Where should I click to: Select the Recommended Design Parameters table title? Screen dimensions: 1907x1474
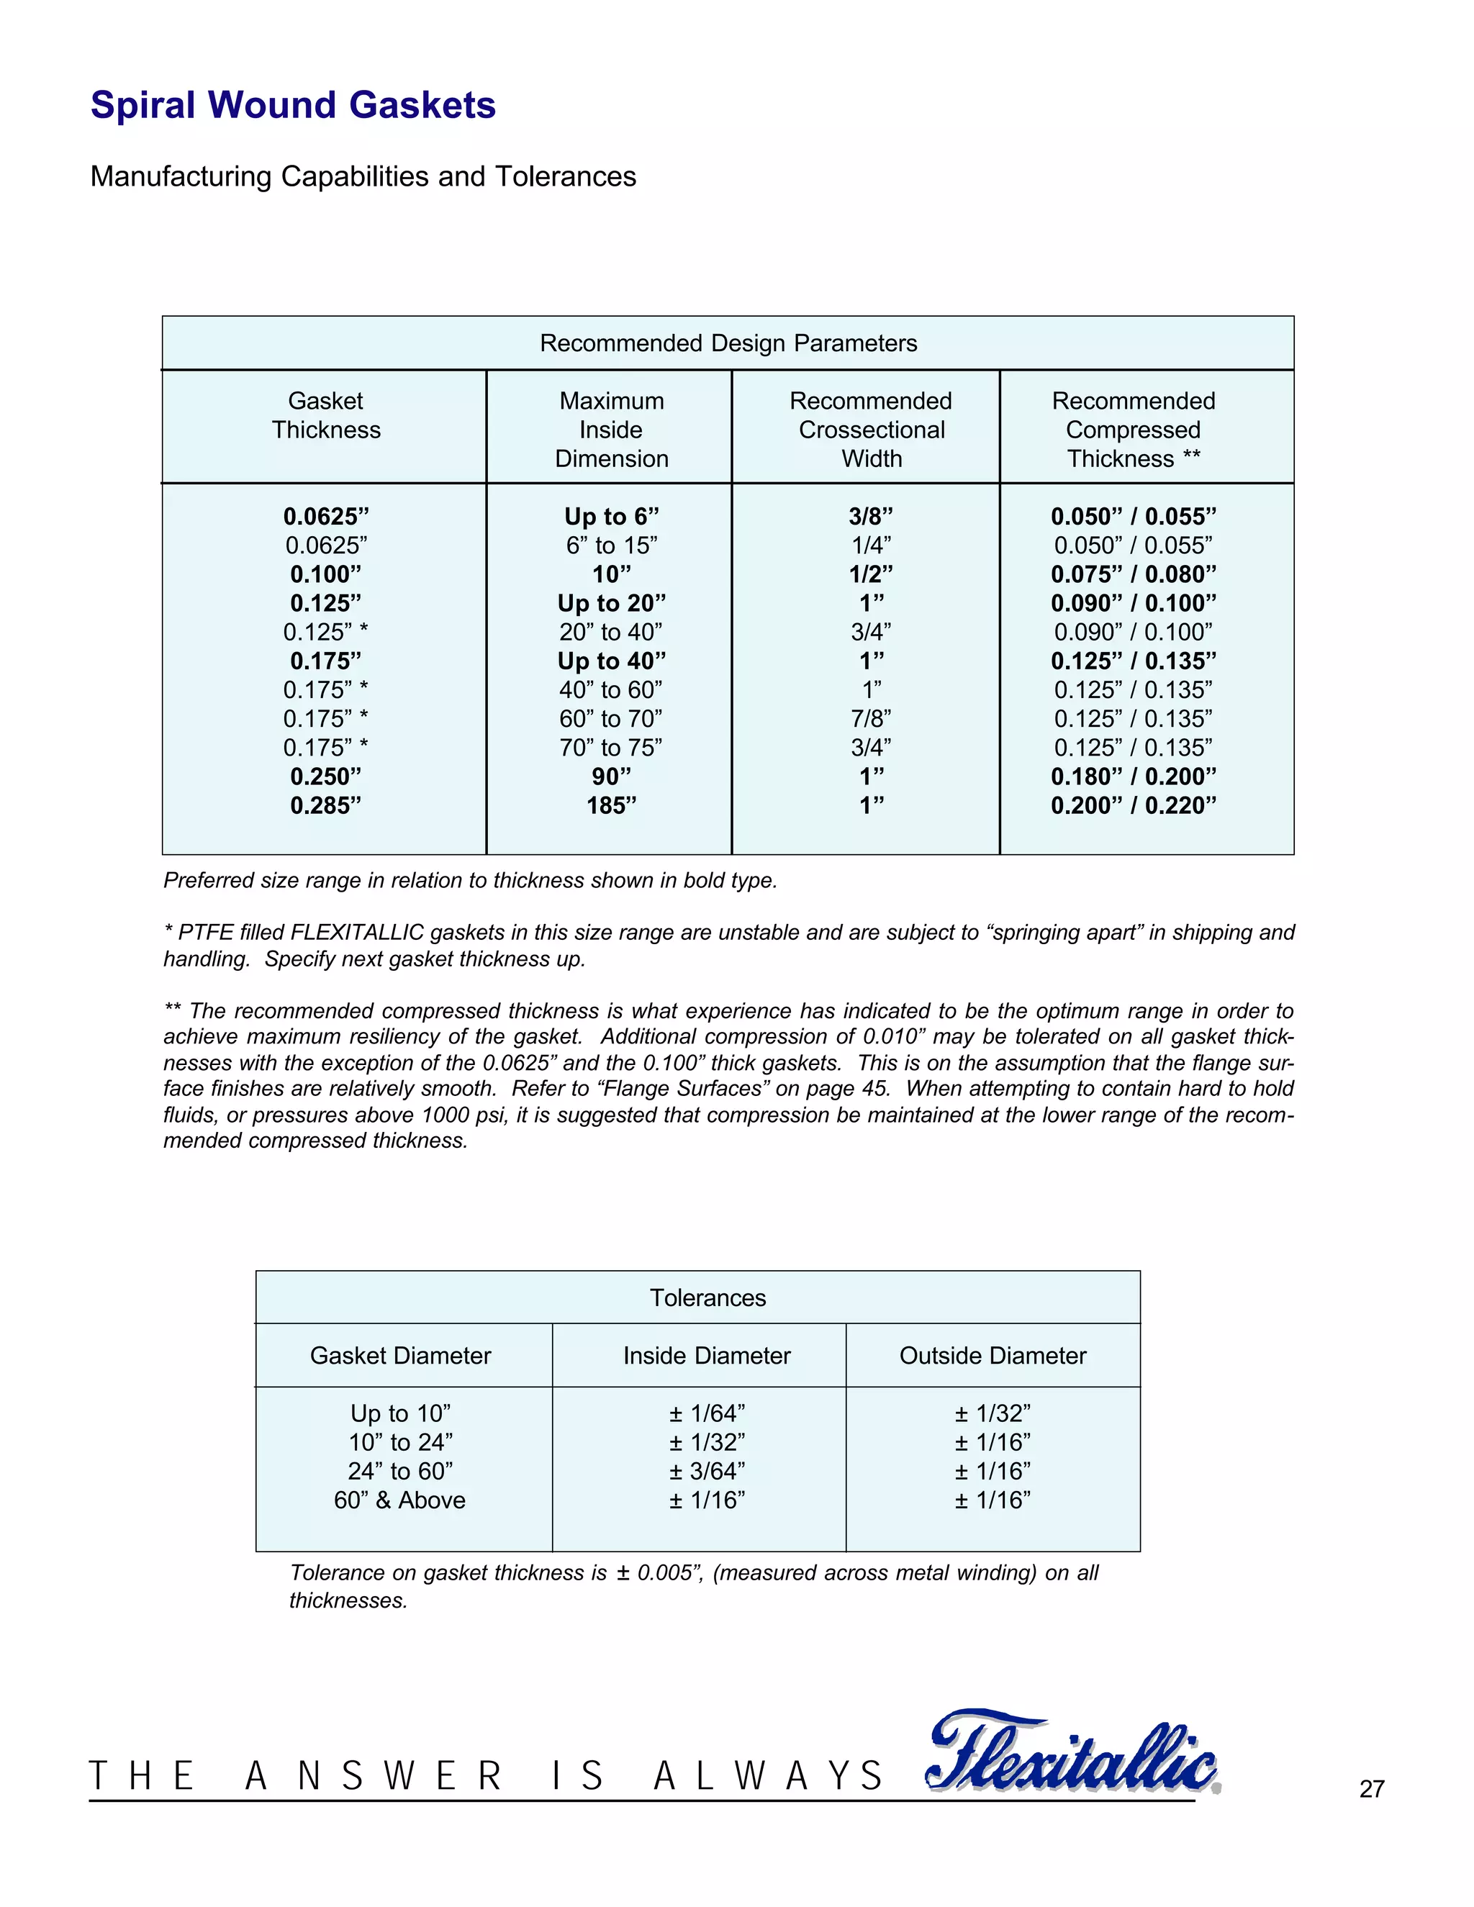coord(728,343)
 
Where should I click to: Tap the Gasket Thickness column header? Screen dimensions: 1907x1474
coord(326,416)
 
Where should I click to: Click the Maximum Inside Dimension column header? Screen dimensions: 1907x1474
coord(611,430)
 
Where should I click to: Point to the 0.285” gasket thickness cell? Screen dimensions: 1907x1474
coord(326,805)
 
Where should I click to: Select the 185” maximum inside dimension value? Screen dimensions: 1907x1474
coord(611,805)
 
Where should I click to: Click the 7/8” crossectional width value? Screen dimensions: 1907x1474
coord(872,719)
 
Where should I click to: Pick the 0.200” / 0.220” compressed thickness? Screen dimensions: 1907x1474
coord(1133,805)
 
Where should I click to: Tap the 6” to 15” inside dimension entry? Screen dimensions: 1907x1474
coord(611,545)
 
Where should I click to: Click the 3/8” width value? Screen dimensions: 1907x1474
coord(872,517)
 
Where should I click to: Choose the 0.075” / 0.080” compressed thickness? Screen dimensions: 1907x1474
coord(1133,574)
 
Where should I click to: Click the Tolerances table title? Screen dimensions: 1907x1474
coord(707,1297)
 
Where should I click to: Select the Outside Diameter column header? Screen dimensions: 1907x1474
coord(993,1355)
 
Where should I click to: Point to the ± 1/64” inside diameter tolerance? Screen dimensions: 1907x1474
coord(707,1413)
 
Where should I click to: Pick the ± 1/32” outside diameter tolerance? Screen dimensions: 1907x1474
coord(993,1413)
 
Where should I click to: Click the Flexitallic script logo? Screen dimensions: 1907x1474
coord(1072,1755)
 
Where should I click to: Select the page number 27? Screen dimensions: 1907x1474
coord(1372,1789)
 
